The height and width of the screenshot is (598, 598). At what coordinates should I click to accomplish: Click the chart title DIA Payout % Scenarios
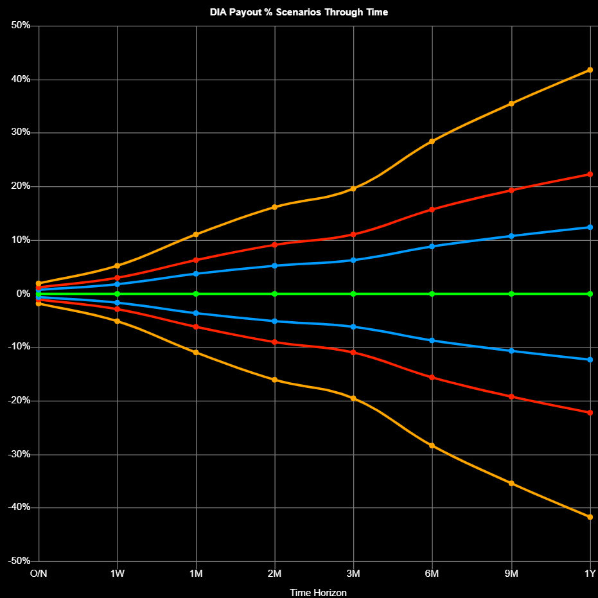pos(299,12)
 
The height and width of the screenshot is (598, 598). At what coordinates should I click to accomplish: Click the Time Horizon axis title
pos(318,592)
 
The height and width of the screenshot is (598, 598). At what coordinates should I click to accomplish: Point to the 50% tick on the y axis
pos(21,26)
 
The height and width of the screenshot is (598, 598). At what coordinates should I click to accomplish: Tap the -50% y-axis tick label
pos(19,561)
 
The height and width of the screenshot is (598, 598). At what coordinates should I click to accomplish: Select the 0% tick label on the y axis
pos(24,294)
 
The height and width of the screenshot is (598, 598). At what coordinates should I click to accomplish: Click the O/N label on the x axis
pos(39,573)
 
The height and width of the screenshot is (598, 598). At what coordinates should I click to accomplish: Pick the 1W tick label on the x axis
pos(118,573)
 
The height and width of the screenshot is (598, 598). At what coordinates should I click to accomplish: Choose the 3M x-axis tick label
pos(353,573)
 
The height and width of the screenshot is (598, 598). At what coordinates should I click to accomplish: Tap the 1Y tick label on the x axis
pos(590,573)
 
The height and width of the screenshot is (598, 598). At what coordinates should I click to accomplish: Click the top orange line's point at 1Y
pos(590,70)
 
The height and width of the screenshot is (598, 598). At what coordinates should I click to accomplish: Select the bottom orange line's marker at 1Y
pos(590,517)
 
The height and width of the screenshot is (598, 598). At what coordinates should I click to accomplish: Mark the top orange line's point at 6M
pos(432,141)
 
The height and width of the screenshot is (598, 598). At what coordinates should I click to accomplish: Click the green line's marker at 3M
pos(353,294)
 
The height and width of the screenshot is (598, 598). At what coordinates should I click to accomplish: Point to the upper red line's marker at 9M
pos(511,190)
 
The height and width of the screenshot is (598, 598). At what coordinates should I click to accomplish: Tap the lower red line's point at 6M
pos(432,377)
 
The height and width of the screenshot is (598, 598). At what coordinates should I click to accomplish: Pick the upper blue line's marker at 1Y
pos(590,227)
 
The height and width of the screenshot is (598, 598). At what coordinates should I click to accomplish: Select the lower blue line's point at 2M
pos(275,321)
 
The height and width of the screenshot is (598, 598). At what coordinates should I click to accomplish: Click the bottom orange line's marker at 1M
pos(196,353)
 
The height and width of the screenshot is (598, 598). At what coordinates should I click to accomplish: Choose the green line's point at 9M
pos(511,294)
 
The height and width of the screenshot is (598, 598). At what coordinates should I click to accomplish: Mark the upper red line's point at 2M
pos(275,245)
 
